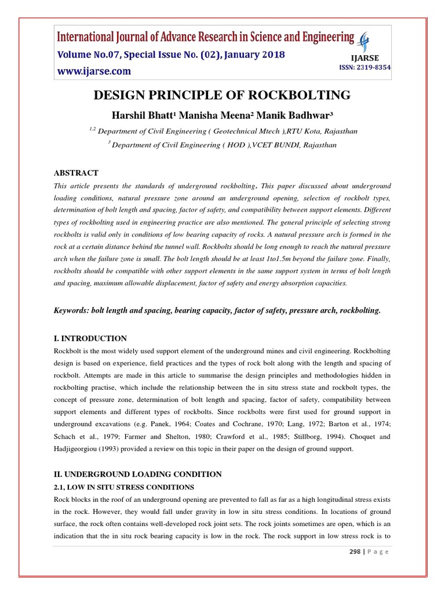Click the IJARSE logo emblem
364,42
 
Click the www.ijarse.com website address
93,71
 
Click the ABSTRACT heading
76,173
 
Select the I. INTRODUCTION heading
90,338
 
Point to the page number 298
350,552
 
